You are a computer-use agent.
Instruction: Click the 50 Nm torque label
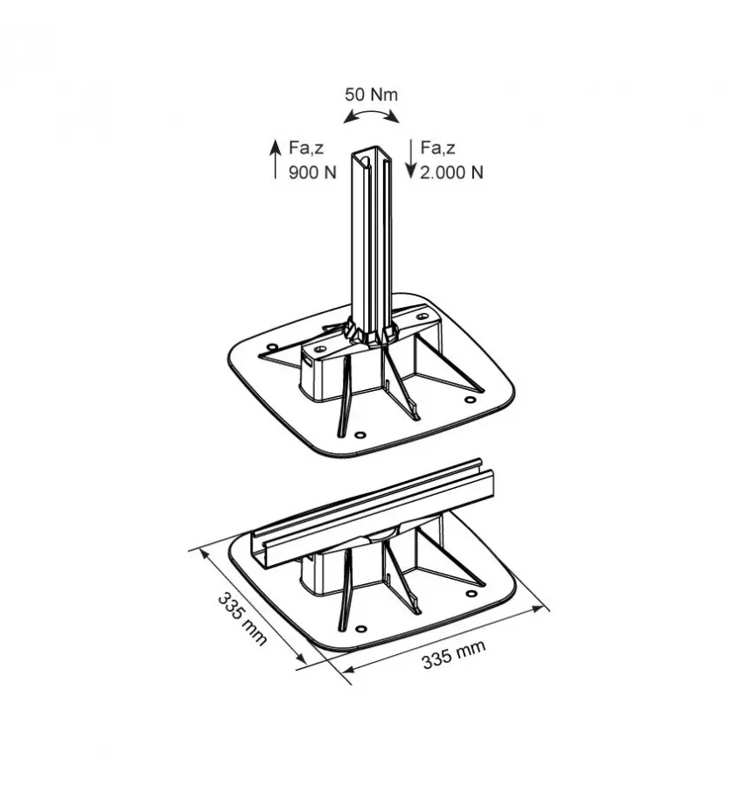pos(371,94)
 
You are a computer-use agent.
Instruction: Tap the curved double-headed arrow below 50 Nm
pos(371,115)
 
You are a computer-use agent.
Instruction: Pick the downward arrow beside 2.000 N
pos(409,159)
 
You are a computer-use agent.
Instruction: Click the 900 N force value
pos(312,172)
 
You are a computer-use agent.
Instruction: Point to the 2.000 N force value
pos(451,172)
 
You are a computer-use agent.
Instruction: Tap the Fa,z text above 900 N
pos(306,148)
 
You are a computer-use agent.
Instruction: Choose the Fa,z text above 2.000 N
pos(438,148)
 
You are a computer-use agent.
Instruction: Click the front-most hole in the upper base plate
pos(359,434)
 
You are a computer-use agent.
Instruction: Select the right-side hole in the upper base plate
pos(470,400)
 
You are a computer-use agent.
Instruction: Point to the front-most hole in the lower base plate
pos(359,626)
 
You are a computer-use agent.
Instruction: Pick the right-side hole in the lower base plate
pos(471,593)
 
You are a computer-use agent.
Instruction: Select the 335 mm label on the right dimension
pos(453,654)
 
